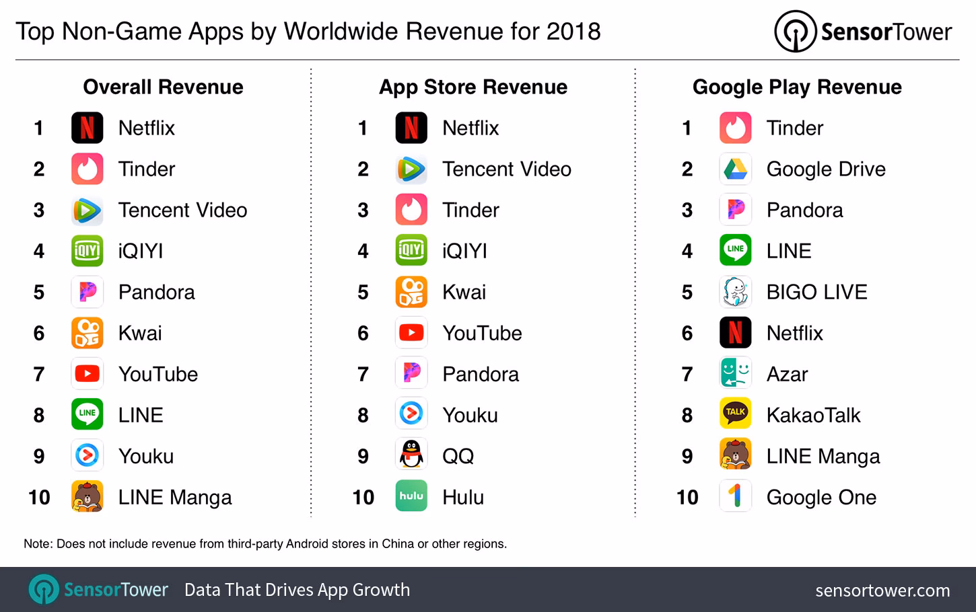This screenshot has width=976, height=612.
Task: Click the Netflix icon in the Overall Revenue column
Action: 87,128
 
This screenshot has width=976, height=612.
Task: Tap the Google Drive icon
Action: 735,169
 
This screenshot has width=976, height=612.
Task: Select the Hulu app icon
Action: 411,496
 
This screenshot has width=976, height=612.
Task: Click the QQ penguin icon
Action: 411,455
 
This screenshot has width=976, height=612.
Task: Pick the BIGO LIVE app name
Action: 816,292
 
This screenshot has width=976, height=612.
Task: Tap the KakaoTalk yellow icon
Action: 735,414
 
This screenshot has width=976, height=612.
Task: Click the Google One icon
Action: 735,496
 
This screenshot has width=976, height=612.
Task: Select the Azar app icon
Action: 735,373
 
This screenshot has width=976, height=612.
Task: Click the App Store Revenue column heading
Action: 473,87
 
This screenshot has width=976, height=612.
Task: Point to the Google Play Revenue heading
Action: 797,87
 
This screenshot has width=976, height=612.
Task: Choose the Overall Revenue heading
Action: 163,87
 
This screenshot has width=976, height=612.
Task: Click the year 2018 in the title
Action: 573,31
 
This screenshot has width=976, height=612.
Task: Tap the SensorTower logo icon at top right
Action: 795,32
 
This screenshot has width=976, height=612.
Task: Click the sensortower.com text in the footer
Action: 882,590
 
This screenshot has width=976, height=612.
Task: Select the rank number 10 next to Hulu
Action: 363,497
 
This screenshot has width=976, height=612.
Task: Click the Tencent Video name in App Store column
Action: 506,169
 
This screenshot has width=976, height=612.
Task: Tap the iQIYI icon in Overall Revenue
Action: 87,251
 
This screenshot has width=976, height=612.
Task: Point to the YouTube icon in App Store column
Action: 411,333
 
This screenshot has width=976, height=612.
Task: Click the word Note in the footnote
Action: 38,543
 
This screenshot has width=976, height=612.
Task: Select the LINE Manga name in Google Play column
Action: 823,456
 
